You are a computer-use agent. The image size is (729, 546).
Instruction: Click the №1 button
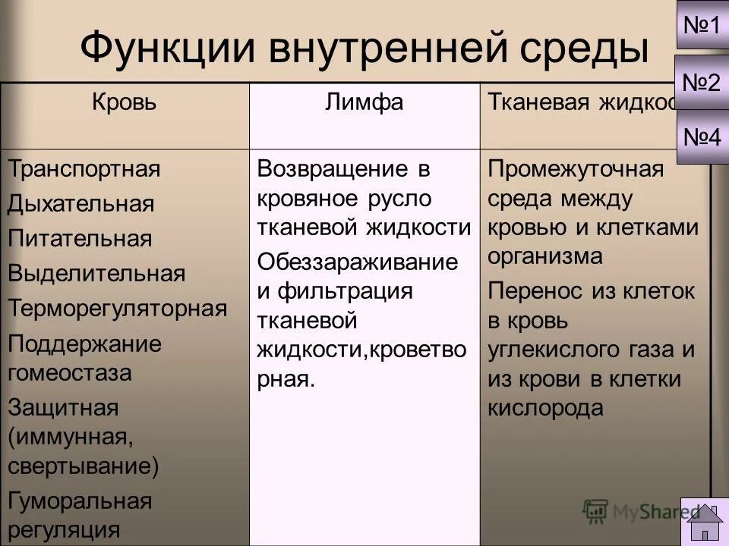click(702, 26)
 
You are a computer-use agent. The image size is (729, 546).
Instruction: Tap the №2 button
click(702, 82)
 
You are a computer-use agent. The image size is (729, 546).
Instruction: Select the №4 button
click(702, 137)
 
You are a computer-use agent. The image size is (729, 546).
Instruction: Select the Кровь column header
click(124, 102)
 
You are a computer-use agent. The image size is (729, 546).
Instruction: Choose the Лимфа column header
click(364, 102)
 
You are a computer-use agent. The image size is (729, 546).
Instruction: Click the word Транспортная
click(84, 168)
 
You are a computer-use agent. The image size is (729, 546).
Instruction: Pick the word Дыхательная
click(81, 203)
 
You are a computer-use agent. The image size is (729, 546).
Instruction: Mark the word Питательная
click(80, 238)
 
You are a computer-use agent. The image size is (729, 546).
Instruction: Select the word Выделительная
click(97, 273)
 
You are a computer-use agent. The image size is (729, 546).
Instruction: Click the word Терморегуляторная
click(118, 308)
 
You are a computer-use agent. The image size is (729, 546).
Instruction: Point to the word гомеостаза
click(70, 372)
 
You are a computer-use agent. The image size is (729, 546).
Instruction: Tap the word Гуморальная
click(80, 500)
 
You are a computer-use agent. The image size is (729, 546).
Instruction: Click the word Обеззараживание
click(358, 262)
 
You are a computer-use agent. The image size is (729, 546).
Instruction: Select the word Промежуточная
click(576, 168)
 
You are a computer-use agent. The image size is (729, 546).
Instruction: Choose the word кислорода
click(545, 408)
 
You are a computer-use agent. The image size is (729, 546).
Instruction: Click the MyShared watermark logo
click(638, 510)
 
